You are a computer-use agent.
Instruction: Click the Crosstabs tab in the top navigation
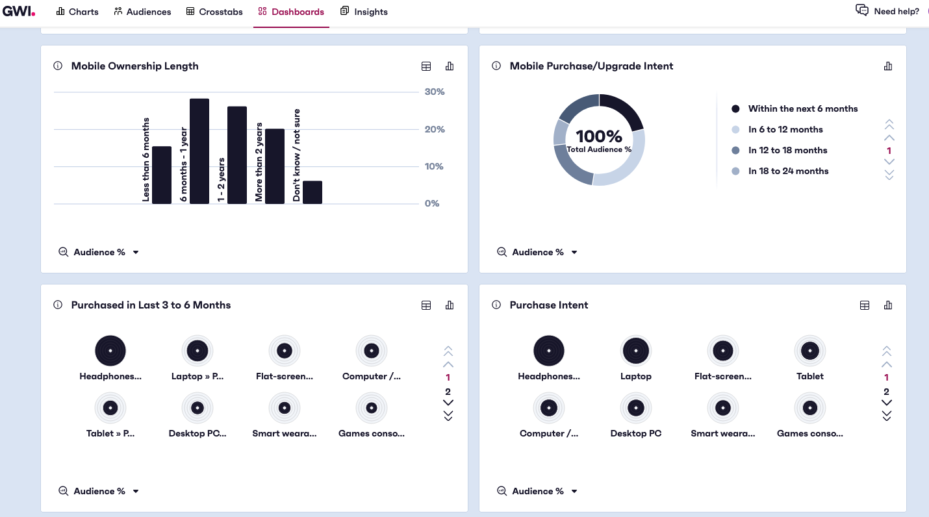214,12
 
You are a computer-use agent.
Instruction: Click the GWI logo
19,11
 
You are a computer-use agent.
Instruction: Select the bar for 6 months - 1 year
199,151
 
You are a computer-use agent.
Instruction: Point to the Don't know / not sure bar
312,192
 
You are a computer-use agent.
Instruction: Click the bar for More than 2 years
275,166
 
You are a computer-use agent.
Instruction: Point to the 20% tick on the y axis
435,129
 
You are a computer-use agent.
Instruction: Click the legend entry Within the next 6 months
802,108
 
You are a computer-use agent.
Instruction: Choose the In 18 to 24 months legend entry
788,171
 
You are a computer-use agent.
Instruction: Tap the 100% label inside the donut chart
599,136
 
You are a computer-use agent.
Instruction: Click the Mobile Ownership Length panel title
134,66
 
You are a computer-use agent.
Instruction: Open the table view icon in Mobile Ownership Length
426,66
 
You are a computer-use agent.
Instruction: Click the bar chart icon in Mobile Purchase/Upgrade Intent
888,66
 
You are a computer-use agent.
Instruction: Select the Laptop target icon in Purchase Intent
636,351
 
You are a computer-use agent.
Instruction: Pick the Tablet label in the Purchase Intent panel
810,376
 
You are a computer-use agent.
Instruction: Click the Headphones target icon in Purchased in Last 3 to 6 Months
110,351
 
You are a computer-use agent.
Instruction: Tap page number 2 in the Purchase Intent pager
887,392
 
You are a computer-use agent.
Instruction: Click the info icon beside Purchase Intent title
496,305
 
